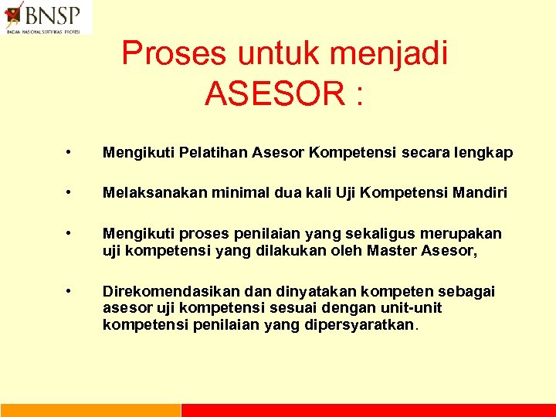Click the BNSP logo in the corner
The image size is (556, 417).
(x=46, y=17)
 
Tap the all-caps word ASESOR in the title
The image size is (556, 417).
(x=272, y=94)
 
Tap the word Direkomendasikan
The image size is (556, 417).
(x=173, y=291)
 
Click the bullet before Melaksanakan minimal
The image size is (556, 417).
(x=70, y=192)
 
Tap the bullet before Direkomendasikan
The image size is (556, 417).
(x=70, y=291)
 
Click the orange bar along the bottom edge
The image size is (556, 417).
(x=90, y=410)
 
